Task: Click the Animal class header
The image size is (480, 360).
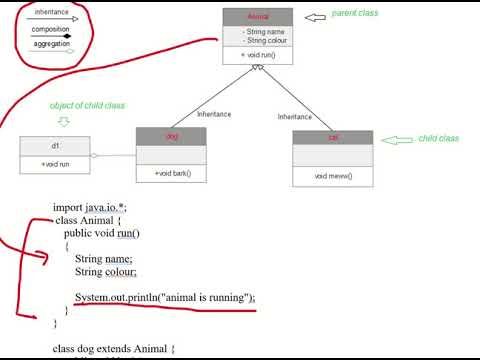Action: pyautogui.click(x=258, y=16)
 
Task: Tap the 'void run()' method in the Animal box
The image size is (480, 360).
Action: pyautogui.click(x=259, y=55)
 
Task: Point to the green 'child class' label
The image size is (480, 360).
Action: pyautogui.click(x=438, y=138)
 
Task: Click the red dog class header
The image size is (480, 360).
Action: pyautogui.click(x=171, y=136)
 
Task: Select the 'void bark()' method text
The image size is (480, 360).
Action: pyautogui.click(x=172, y=174)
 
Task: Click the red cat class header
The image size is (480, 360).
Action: pyautogui.click(x=332, y=137)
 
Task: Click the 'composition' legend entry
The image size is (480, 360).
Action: pyautogui.click(x=50, y=29)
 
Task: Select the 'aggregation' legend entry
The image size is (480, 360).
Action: pyautogui.click(x=50, y=44)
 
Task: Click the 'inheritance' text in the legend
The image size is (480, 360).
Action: pyautogui.click(x=50, y=13)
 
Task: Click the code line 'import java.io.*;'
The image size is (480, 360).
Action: pyautogui.click(x=90, y=208)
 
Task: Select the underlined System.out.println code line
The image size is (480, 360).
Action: pyautogui.click(x=165, y=297)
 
